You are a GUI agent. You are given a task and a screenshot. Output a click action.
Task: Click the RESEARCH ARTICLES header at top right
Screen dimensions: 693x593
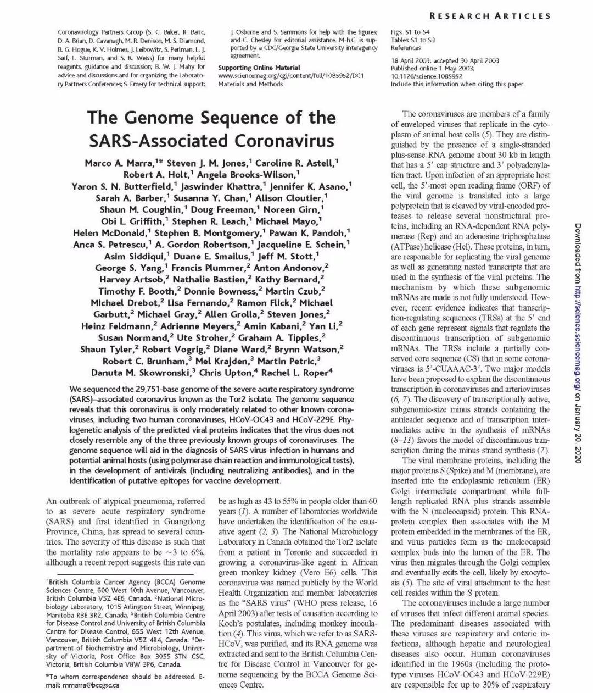click(490, 16)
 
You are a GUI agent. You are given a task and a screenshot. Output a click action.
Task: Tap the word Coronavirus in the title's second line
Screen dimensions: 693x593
click(284, 141)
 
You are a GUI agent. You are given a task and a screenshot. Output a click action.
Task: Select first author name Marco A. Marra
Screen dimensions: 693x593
click(118, 163)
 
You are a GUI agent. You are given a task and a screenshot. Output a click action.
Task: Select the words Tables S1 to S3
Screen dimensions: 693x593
click(412, 40)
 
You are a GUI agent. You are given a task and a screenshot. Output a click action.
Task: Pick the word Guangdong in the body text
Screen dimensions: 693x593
click(178, 522)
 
